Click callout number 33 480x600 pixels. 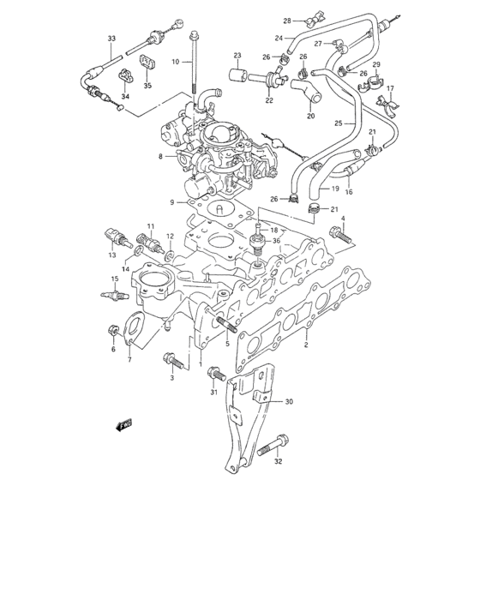click(111, 39)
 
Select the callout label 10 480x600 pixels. click(175, 63)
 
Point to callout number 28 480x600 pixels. click(288, 20)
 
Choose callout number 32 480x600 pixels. click(278, 462)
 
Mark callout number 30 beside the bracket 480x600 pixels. click(289, 401)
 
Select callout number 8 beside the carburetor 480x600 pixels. click(159, 156)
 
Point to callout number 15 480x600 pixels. click(113, 279)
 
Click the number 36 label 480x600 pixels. click(276, 241)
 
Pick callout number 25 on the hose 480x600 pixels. click(339, 123)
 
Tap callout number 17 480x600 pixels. click(390, 88)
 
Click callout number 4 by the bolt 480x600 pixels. click(344, 219)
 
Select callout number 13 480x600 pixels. click(112, 255)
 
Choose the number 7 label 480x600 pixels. click(129, 359)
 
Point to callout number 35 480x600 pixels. click(147, 86)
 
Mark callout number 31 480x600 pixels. click(214, 393)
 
